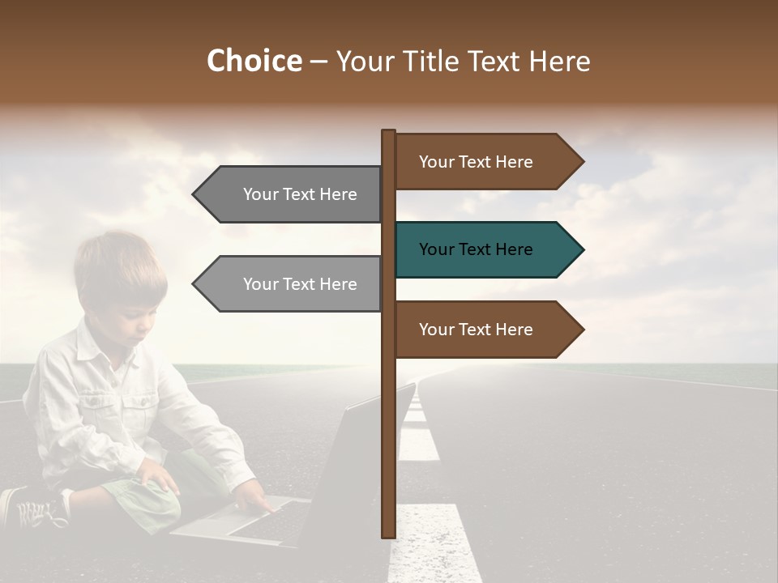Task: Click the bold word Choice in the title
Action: point(254,62)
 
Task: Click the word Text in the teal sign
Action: point(476,250)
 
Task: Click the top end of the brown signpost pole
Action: point(388,133)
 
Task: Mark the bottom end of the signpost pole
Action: point(388,534)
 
